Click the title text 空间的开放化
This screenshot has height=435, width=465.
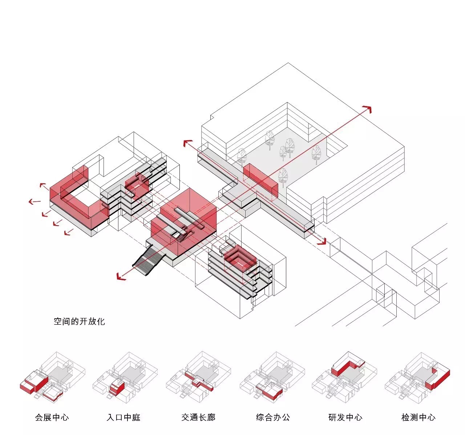pos(79,321)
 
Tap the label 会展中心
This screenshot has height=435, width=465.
pos(52,417)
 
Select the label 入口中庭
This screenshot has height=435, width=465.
pos(124,417)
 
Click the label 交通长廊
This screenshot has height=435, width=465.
pos(198,417)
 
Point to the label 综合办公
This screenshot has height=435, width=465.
pos(273,417)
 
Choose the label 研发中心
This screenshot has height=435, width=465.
pos(345,417)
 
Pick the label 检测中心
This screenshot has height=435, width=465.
pos(418,417)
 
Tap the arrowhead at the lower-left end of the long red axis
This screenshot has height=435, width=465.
pos(121,277)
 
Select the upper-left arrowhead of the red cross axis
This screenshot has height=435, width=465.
pos(187,143)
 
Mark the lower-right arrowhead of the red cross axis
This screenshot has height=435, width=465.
pos(322,242)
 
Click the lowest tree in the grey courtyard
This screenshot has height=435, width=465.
pos(283,177)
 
